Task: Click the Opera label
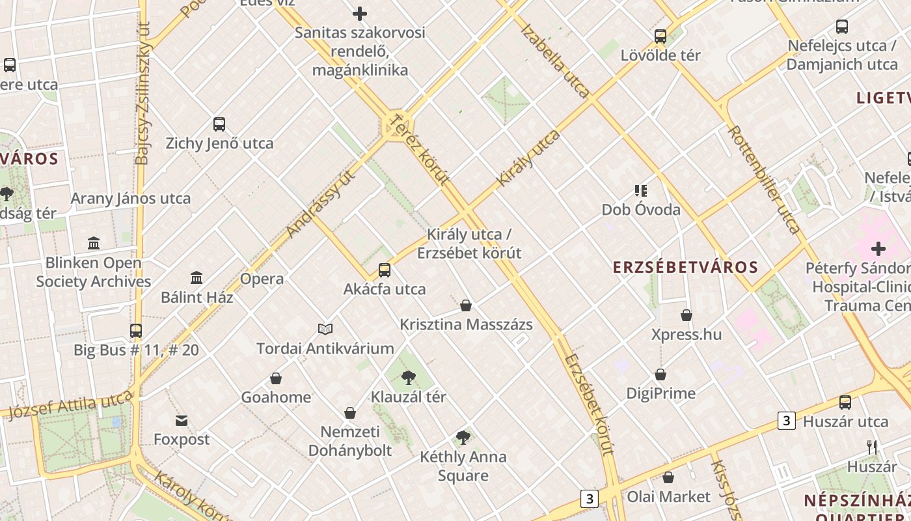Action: click(262, 279)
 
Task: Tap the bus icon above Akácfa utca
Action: click(385, 270)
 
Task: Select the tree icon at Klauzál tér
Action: click(409, 377)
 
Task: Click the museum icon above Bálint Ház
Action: click(197, 278)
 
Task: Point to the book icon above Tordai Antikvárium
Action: click(325, 330)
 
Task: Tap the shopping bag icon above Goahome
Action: click(276, 378)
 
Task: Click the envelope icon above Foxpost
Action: click(182, 421)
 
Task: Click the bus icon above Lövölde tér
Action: click(660, 36)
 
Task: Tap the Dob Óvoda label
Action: click(641, 210)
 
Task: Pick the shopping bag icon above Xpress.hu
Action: click(687, 316)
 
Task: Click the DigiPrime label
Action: click(660, 393)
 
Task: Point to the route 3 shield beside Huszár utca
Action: click(787, 421)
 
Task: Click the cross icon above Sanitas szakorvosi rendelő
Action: click(360, 13)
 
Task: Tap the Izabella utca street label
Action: click(555, 61)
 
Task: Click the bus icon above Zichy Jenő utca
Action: click(219, 124)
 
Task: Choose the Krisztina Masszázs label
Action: click(466, 324)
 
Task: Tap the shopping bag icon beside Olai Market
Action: click(668, 477)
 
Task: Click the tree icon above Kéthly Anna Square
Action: click(463, 438)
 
